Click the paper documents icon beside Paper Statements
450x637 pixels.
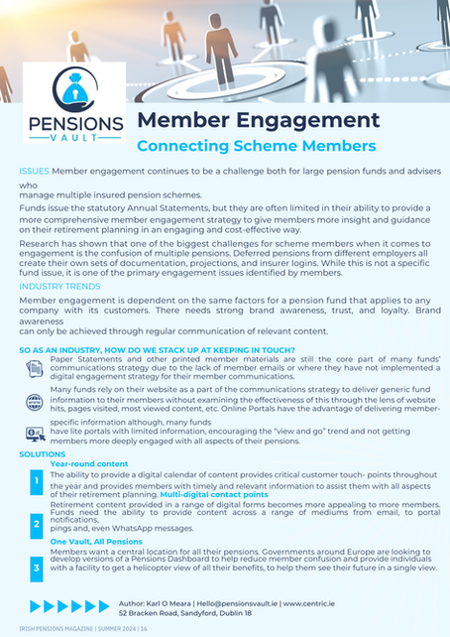[35, 369]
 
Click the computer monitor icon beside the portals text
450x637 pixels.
[35, 434]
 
